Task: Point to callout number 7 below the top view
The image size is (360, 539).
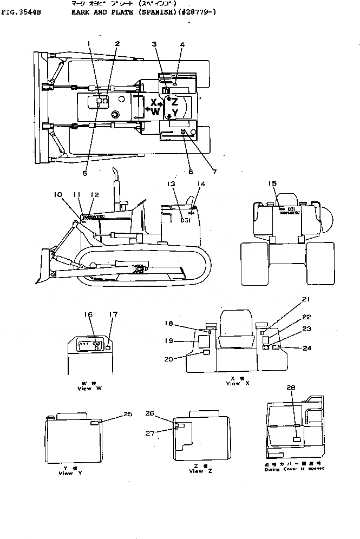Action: pos(214,172)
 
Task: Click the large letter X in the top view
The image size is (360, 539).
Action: pos(154,102)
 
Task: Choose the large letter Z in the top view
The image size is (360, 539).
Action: pos(175,101)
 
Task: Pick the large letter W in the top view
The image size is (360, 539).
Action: pos(155,112)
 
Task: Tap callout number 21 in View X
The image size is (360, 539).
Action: pos(306,299)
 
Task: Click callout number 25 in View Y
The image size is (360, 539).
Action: pos(128,414)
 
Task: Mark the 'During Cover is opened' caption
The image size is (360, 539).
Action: pos(295,469)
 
